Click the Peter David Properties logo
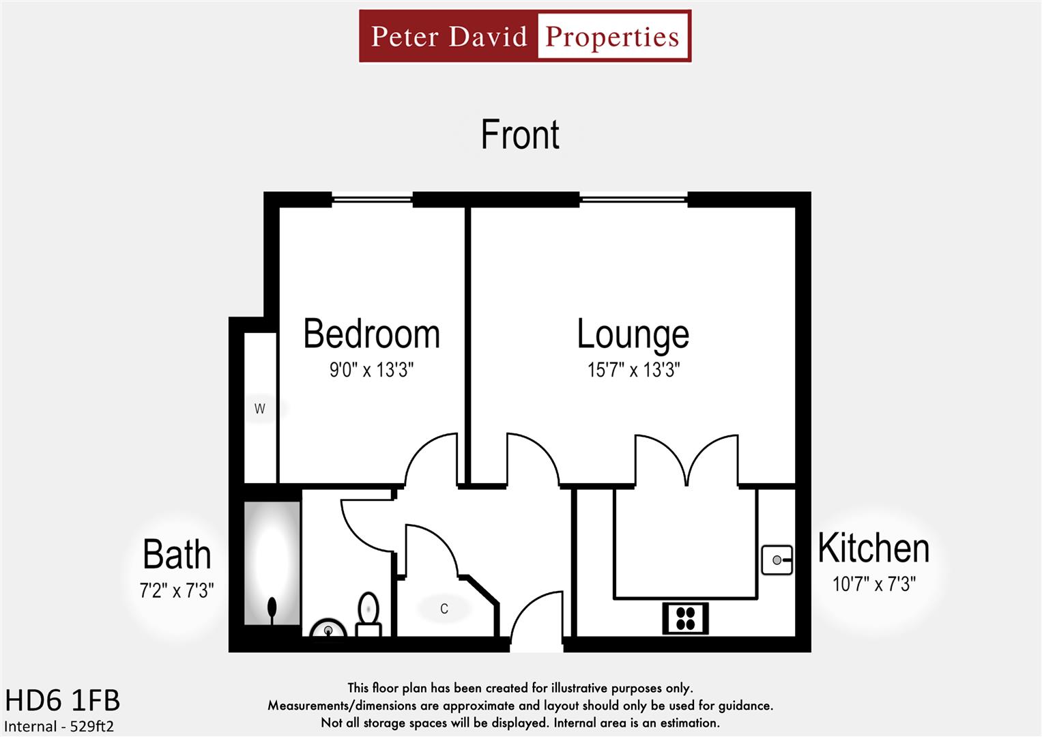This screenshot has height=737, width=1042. pyautogui.click(x=525, y=36)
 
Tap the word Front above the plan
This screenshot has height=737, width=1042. pyautogui.click(x=520, y=134)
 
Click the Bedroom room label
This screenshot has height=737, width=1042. pyautogui.click(x=371, y=334)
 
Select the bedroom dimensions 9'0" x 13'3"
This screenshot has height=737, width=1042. pyautogui.click(x=371, y=370)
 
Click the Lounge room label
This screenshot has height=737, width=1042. pyautogui.click(x=633, y=334)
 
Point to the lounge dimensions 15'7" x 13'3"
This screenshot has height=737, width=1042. pyautogui.click(x=633, y=370)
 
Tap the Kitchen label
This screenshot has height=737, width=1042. pyautogui.click(x=873, y=548)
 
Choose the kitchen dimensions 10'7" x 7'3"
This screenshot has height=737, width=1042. pyautogui.click(x=873, y=584)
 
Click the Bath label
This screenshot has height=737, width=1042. pyautogui.click(x=177, y=554)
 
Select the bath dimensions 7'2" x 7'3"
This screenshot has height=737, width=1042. pyautogui.click(x=177, y=590)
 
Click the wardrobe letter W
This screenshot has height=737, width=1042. pyautogui.click(x=259, y=409)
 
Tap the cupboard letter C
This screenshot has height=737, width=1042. pyautogui.click(x=444, y=609)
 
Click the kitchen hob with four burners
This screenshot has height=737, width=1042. pyautogui.click(x=685, y=618)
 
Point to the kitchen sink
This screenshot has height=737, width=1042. pyautogui.click(x=777, y=560)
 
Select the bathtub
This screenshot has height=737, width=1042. pyautogui.click(x=272, y=563)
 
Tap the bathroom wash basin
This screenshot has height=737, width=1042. pyautogui.click(x=328, y=629)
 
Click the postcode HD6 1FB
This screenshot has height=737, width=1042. pyautogui.click(x=62, y=701)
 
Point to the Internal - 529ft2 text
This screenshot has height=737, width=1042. pyautogui.click(x=59, y=726)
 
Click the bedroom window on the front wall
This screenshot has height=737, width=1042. pyautogui.click(x=372, y=199)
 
